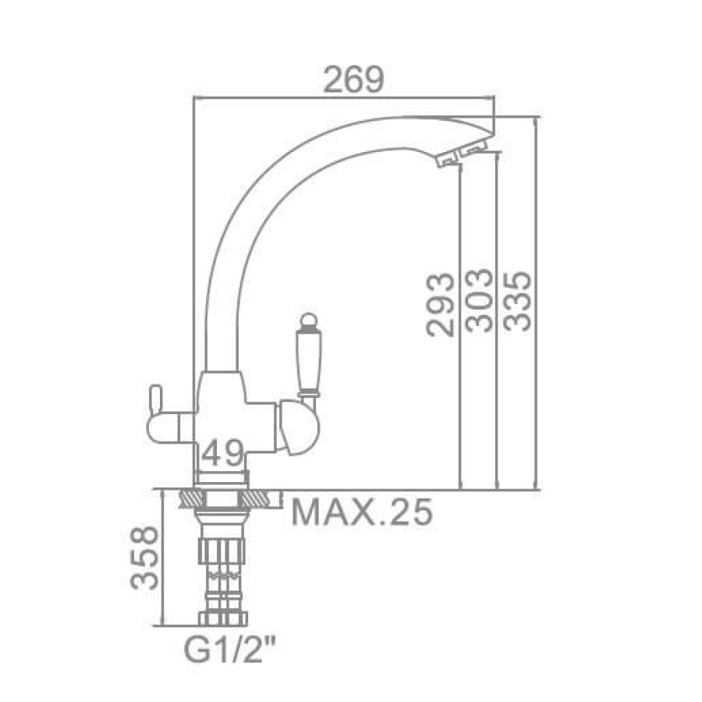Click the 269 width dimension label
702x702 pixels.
point(353,80)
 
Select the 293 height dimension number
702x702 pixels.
point(440,304)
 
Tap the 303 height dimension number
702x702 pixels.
point(479,300)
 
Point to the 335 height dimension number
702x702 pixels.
point(517,301)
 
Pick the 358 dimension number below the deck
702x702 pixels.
point(144,558)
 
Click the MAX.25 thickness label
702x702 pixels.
point(362,511)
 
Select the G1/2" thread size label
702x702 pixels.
point(230,651)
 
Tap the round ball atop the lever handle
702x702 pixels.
point(308,321)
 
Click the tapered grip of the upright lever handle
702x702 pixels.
point(308,360)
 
